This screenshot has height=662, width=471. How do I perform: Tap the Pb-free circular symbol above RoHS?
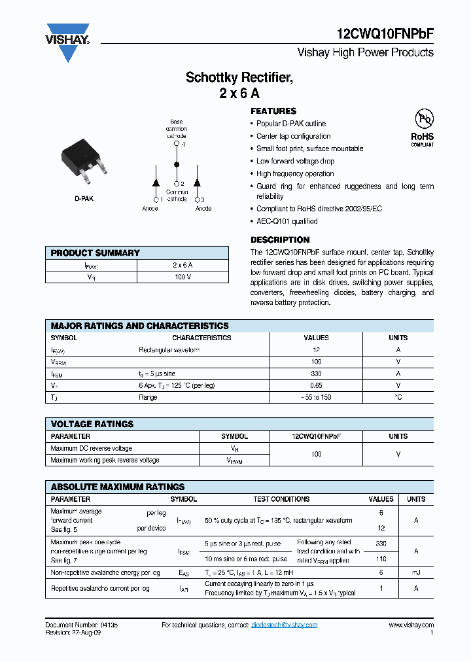click(x=424, y=119)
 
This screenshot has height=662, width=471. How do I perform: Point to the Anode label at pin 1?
click(x=150, y=209)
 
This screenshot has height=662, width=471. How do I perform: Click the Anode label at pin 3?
click(x=203, y=209)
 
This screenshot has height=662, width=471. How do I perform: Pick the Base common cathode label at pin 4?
click(x=176, y=129)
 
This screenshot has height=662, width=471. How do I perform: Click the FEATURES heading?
click(x=273, y=111)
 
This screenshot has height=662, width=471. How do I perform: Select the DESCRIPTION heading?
click(x=280, y=239)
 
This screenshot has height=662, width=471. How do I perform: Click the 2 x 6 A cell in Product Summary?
click(x=183, y=265)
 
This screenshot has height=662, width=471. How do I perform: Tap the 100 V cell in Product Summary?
click(x=183, y=277)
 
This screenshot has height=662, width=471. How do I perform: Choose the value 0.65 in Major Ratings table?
click(x=316, y=385)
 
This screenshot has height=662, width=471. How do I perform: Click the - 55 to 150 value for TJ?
click(x=316, y=397)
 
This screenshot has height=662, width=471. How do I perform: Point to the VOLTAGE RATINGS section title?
click(x=92, y=424)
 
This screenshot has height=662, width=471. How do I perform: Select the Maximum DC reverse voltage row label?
click(x=91, y=448)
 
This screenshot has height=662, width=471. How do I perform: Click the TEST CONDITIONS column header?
click(x=281, y=499)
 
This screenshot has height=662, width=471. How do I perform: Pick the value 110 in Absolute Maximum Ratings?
click(x=381, y=559)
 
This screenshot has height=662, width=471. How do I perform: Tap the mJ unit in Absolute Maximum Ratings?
click(x=416, y=572)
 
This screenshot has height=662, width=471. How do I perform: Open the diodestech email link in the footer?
click(x=284, y=625)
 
